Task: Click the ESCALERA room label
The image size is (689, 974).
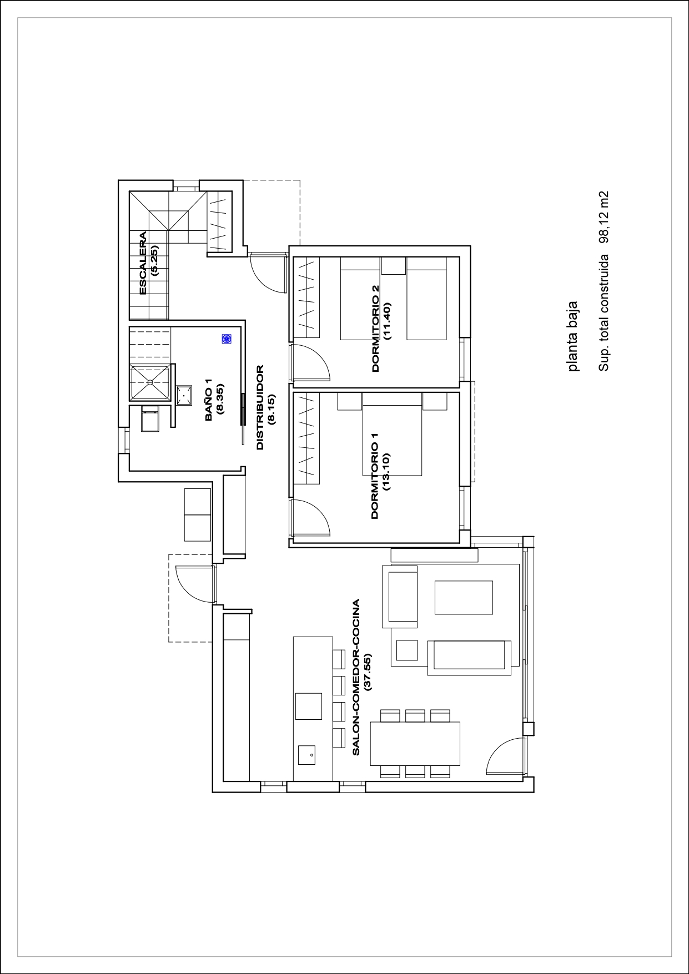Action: (143, 263)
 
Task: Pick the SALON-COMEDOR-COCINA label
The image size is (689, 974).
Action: (356, 677)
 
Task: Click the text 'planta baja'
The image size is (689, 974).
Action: (573, 336)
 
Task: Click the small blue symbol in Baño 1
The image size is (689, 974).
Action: (227, 339)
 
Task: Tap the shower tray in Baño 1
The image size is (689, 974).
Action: (149, 382)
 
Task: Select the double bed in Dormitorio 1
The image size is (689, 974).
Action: (392, 441)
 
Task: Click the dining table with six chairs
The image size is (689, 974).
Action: (415, 743)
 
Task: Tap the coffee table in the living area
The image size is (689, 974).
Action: (464, 597)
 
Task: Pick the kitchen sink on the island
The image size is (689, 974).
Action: (306, 755)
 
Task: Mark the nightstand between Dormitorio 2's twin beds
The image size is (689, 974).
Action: (394, 266)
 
